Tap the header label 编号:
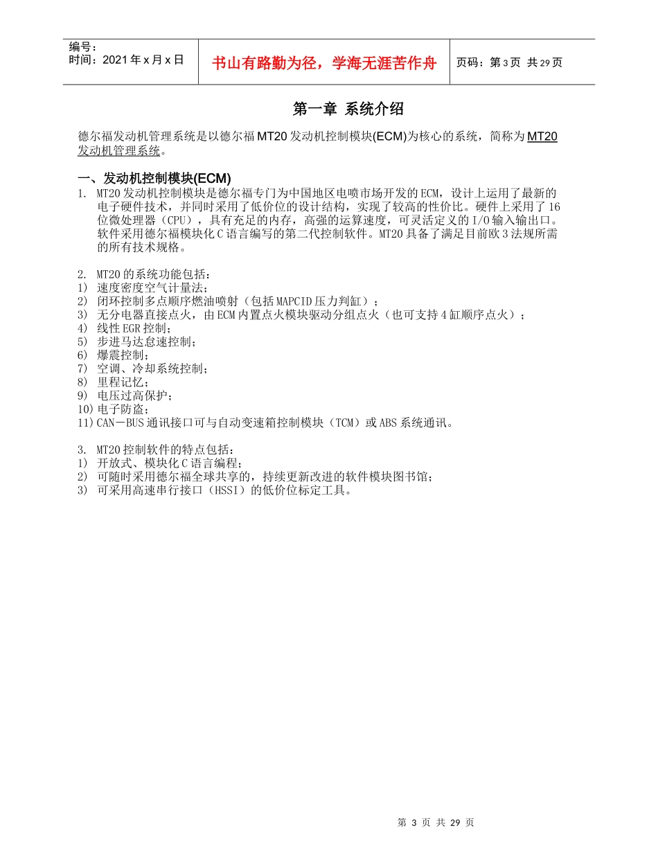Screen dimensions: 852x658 click(83, 46)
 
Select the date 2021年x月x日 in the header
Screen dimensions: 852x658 click(142, 60)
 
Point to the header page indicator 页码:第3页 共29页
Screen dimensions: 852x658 click(509, 62)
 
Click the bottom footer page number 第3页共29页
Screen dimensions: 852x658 click(436, 822)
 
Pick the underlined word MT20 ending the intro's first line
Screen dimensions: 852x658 click(542, 136)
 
